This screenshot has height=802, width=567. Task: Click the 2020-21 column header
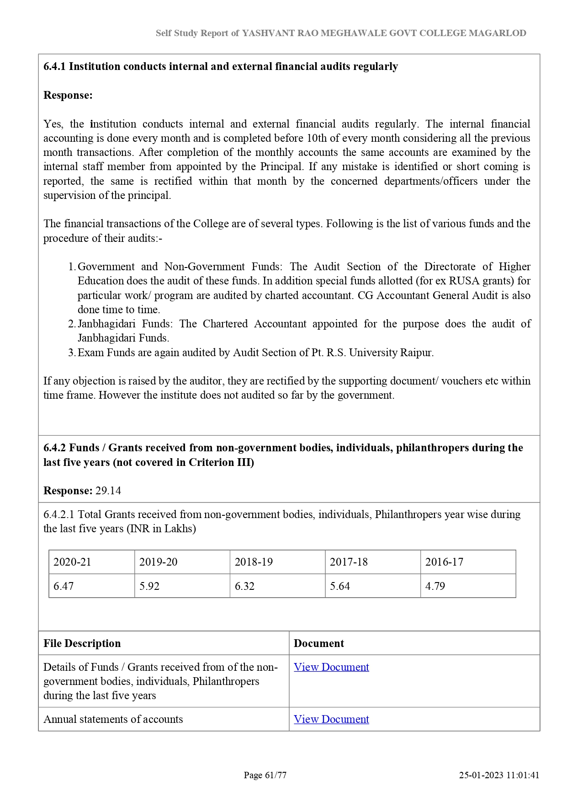pyautogui.click(x=72, y=562)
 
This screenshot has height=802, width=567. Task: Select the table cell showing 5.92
pyautogui.click(x=149, y=586)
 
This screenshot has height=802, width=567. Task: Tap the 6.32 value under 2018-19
pyautogui.click(x=244, y=586)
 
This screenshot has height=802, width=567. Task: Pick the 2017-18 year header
pyautogui.click(x=349, y=562)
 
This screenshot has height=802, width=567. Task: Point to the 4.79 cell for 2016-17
pyautogui.click(x=435, y=586)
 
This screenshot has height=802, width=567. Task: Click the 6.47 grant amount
pyautogui.click(x=64, y=586)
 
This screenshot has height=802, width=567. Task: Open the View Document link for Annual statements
pyautogui.click(x=331, y=719)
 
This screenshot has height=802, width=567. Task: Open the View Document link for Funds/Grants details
pyautogui.click(x=331, y=667)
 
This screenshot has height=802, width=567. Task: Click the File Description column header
pyautogui.click(x=82, y=643)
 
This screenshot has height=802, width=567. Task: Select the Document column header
pyautogui.click(x=319, y=643)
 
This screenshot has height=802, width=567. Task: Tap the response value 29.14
pyautogui.click(x=108, y=491)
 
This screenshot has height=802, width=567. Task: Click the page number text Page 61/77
pyautogui.click(x=265, y=775)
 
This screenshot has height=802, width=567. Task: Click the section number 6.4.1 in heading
pyautogui.click(x=54, y=66)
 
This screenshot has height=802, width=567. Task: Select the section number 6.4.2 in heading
pyautogui.click(x=54, y=448)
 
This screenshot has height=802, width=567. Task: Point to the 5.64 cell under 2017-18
pyautogui.click(x=340, y=586)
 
